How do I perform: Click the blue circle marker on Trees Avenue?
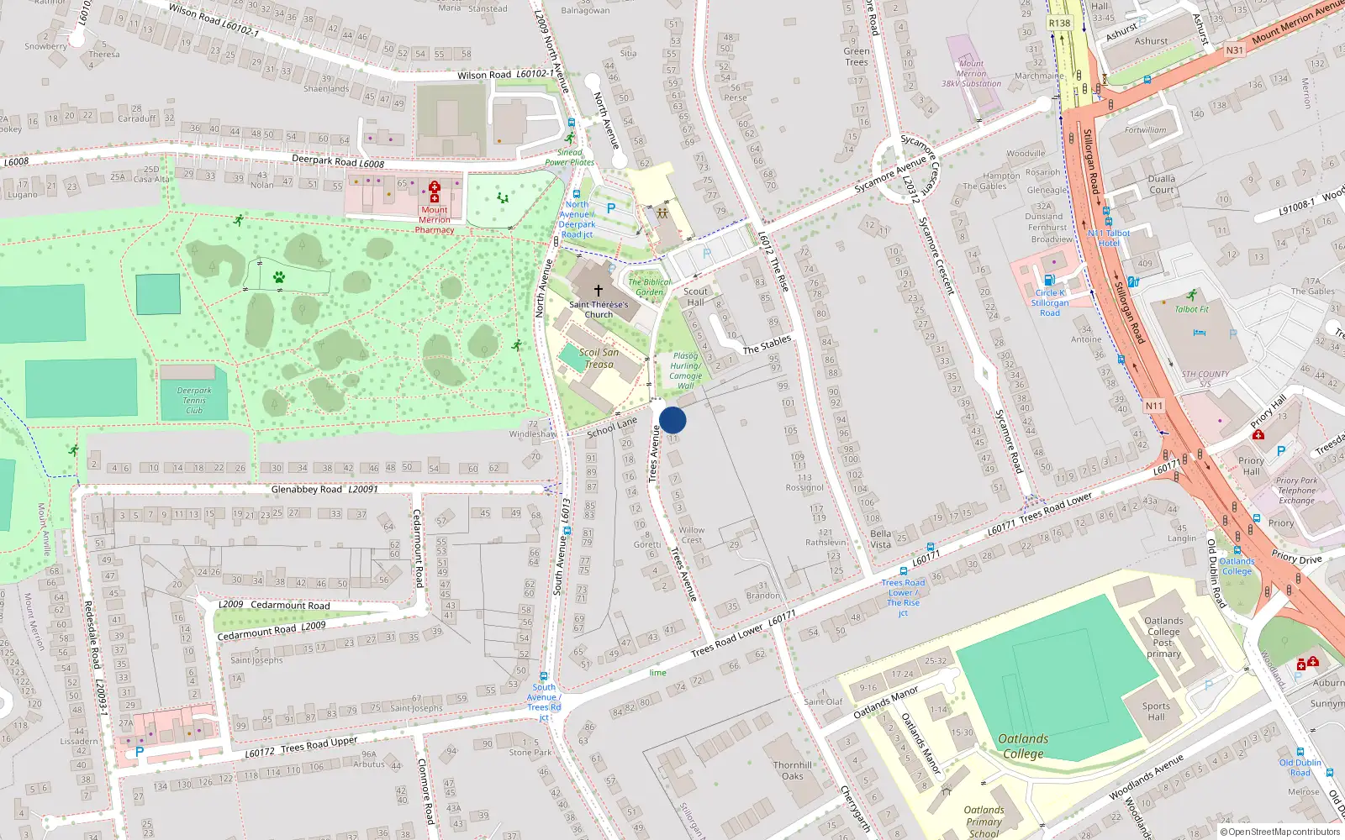pos(672,420)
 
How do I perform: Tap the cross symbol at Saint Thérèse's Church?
pos(599,291)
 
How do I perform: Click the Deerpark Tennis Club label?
pos(194,400)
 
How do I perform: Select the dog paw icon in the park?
pos(279,276)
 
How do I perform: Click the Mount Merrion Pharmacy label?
pos(435,220)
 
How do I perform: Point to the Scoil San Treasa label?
pos(599,359)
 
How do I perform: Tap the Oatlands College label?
pos(1023,746)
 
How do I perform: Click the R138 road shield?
pos(1059,23)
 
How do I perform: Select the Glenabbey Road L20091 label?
pos(324,489)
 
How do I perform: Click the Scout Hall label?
pos(695,297)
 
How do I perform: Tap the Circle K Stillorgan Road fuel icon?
pos(1048,281)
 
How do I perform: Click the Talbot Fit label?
pos(1191,309)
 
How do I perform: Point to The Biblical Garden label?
pos(649,287)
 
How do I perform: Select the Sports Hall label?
pos(1156,711)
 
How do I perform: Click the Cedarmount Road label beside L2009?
pos(290,605)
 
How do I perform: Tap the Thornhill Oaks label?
pos(793,770)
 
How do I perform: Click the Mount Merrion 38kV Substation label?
pos(971,73)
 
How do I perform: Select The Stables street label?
pos(767,344)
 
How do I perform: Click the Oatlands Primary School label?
pos(984,822)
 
